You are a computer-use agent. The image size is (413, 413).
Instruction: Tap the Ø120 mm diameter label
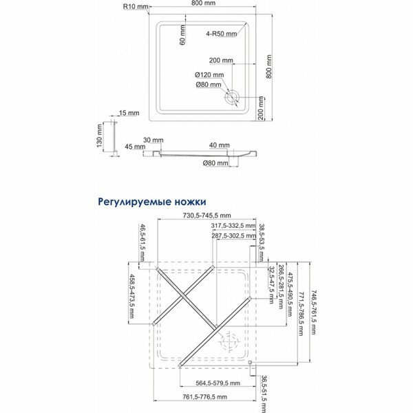click(209, 74)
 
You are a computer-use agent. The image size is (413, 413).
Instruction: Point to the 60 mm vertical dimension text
click(184, 35)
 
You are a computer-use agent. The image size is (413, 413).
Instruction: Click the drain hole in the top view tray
click(231, 96)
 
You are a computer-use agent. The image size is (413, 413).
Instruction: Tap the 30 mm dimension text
click(153, 140)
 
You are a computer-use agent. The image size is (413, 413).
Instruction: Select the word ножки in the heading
click(191, 202)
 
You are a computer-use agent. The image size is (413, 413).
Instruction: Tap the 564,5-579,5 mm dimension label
click(215, 382)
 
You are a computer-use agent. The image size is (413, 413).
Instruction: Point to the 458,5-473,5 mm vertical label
click(133, 296)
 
